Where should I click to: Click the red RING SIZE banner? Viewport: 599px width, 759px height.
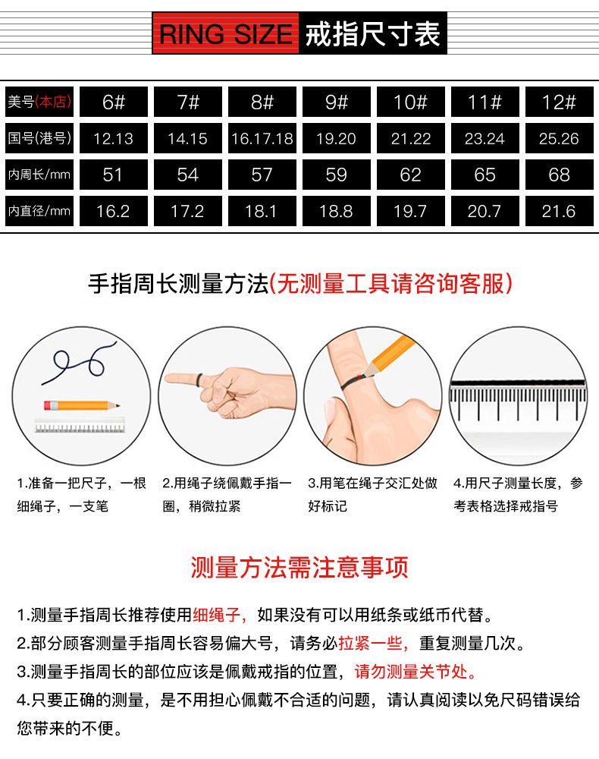coord(226,33)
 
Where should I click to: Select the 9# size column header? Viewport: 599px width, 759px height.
coord(337,102)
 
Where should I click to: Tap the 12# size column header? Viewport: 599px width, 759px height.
coord(560,102)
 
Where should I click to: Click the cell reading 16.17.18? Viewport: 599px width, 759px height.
coord(262,138)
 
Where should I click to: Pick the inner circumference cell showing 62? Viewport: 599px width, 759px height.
coord(411,175)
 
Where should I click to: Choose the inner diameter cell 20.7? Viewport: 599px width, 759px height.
coord(485,211)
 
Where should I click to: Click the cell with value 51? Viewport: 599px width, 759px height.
coord(114,175)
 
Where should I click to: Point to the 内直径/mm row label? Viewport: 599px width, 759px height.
coord(39,211)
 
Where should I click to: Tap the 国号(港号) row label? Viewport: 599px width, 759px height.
coord(39,138)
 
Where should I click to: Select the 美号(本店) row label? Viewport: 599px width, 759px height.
coord(39,102)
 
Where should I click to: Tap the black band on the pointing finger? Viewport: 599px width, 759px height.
coord(199,380)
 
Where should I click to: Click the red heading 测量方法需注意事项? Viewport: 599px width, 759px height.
coord(299,567)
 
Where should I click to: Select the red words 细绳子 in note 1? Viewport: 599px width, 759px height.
coord(217,615)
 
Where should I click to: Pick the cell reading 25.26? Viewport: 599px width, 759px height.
coord(560,138)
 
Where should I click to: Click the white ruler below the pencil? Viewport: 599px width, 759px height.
coord(80,426)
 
